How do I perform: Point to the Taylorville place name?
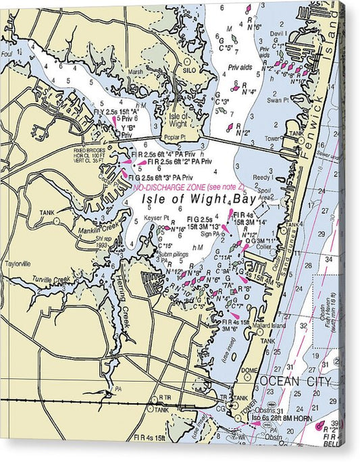[x=18, y=264]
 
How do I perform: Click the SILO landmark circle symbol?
[x=188, y=61]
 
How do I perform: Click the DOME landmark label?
[x=250, y=370]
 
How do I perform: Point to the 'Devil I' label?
[x=278, y=32]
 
